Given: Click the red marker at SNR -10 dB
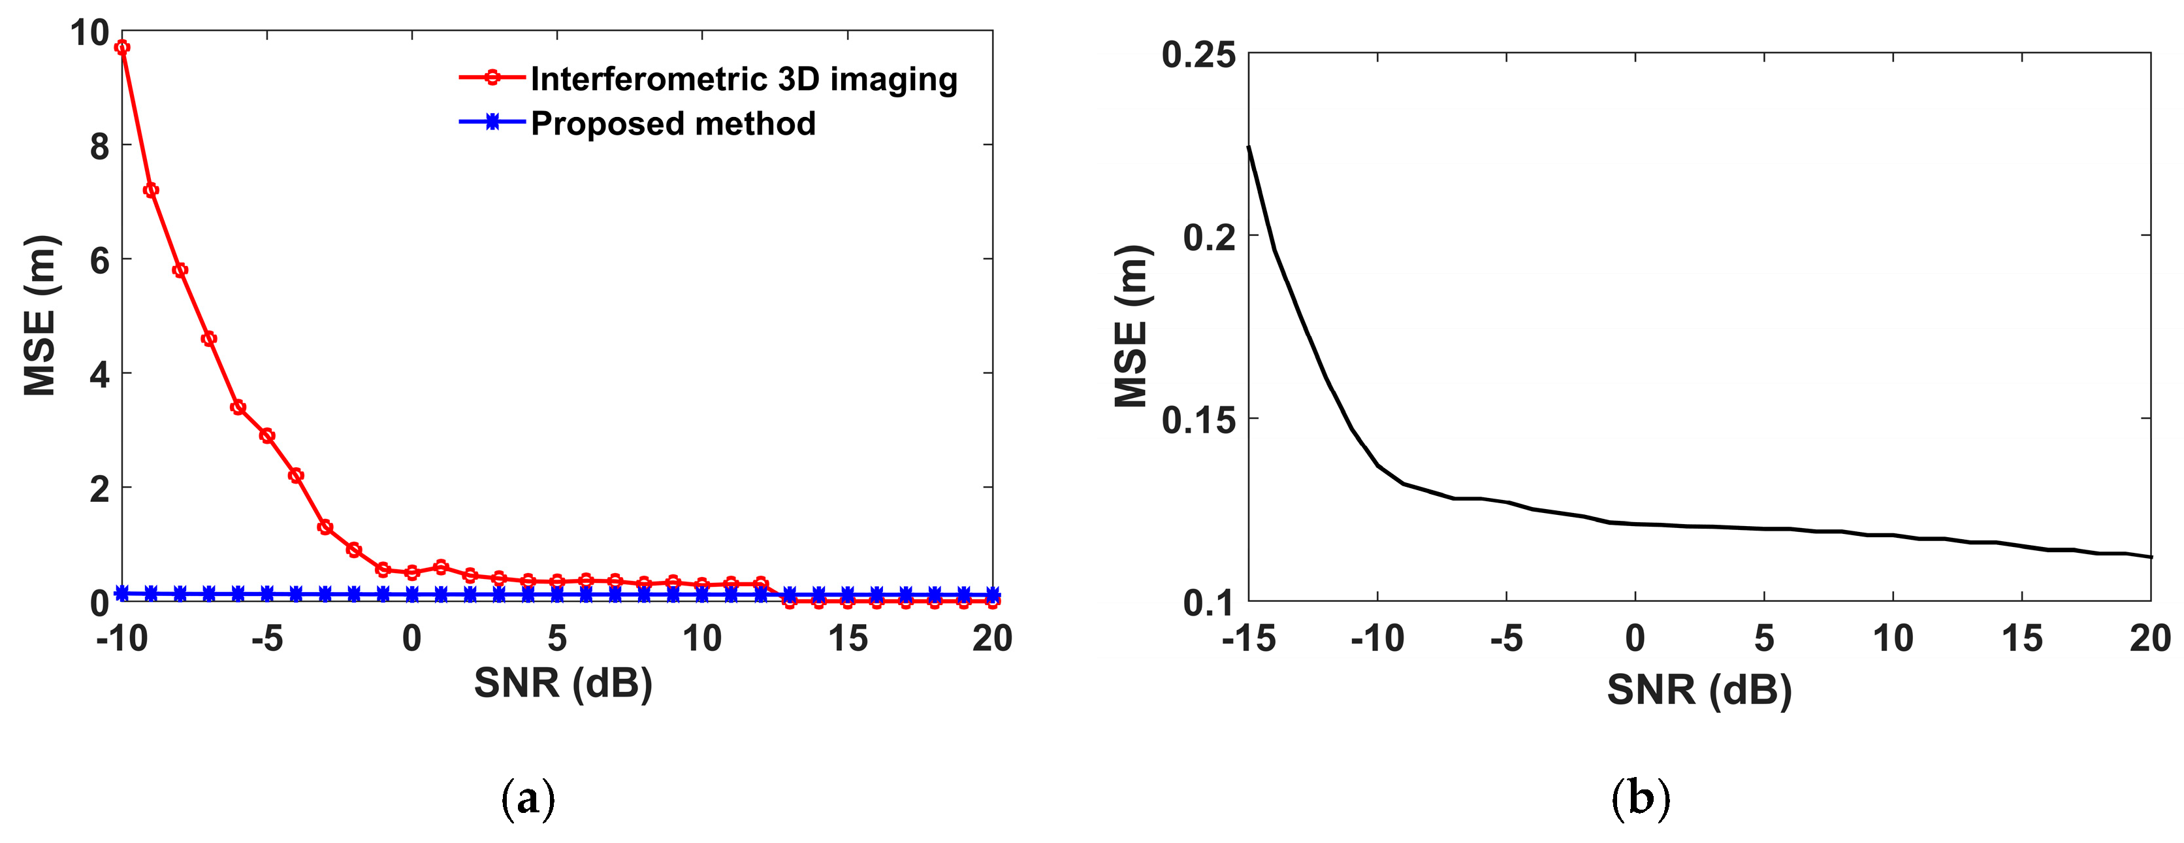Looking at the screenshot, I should coord(122,48).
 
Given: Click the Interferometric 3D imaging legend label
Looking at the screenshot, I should coord(743,79).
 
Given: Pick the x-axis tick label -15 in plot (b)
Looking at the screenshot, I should coord(1248,638).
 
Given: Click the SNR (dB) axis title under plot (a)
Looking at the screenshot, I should coord(563,684).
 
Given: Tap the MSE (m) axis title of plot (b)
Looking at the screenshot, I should coord(1132,327).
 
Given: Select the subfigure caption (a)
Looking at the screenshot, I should coord(528,798).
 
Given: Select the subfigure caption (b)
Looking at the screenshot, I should coord(1641,798).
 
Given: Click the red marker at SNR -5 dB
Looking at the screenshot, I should coord(267,436).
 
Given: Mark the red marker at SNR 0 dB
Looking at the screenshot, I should coord(412,572).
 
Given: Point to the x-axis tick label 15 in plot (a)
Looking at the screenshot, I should coord(848,638).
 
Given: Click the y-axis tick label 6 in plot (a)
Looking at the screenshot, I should coord(100,260).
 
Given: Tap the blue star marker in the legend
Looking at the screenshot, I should coord(492,123).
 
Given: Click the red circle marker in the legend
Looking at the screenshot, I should coord(492,78).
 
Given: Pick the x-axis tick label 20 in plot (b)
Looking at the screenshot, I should coord(2150,638).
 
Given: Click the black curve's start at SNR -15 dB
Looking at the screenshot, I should coord(1249,147).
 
